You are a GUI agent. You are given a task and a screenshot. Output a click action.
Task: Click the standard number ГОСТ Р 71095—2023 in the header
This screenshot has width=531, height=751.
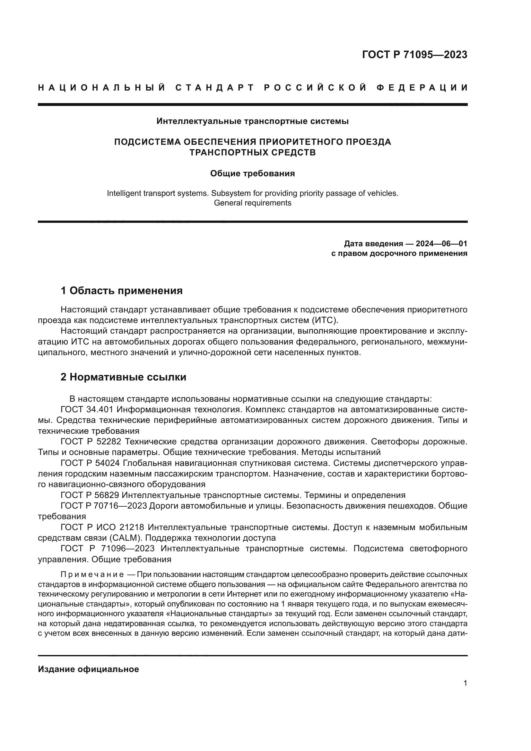[x=414, y=55]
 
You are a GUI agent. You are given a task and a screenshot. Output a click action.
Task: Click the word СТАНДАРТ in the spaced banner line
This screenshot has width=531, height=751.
[x=215, y=88]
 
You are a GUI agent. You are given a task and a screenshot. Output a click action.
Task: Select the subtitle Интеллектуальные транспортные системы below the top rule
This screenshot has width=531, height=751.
[x=252, y=121]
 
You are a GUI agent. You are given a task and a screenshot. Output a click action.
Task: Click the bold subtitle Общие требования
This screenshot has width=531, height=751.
[x=252, y=173]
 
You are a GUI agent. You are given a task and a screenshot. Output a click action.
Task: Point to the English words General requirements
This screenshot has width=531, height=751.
[x=252, y=203]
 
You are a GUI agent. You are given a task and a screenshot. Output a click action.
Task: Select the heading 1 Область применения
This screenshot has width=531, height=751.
[x=122, y=291]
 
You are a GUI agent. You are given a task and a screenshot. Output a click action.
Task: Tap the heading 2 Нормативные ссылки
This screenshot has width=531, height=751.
[x=124, y=377]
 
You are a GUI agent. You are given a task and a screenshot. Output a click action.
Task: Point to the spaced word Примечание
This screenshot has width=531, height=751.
[x=92, y=575]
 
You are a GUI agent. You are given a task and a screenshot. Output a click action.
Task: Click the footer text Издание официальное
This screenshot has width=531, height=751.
[x=88, y=669]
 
